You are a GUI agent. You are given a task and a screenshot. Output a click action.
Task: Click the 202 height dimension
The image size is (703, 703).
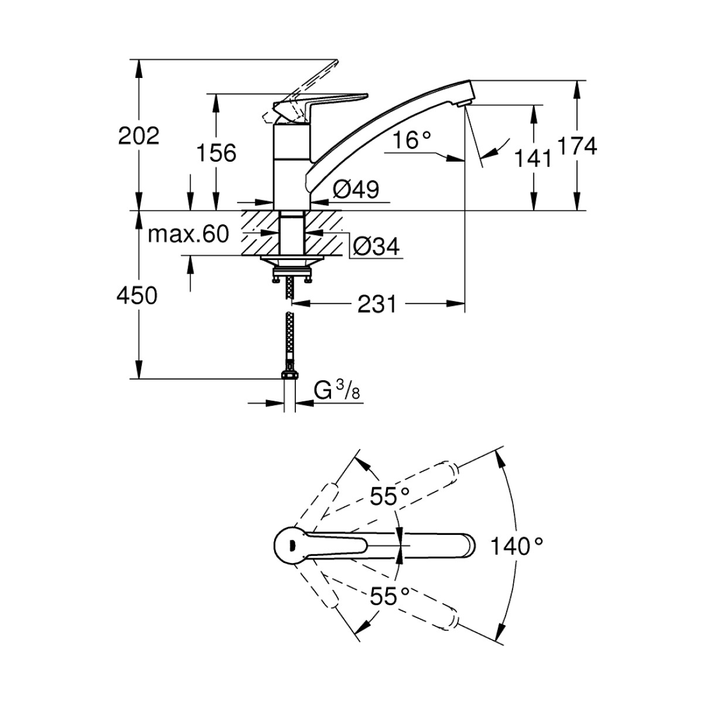139,136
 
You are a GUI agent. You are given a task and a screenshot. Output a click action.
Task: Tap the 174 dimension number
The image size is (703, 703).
577,146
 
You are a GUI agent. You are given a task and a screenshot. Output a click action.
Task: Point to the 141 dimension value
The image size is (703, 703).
533,157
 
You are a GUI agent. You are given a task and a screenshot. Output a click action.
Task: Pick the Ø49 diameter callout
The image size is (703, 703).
356,189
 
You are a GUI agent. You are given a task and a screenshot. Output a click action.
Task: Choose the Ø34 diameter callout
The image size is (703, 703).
376,246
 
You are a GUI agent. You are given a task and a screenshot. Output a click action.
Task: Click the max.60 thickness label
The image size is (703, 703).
187,234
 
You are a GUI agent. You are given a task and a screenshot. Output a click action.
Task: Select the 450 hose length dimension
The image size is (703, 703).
138,295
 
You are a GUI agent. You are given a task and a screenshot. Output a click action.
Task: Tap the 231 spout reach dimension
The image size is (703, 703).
378,304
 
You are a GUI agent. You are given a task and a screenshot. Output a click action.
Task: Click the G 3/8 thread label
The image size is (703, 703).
337,391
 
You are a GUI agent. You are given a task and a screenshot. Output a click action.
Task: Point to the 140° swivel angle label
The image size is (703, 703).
516,546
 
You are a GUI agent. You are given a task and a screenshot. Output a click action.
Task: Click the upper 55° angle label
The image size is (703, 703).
389,497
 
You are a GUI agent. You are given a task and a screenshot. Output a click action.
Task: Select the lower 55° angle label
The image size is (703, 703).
389,596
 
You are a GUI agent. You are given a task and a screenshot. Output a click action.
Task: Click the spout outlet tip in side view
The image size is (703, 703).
463,103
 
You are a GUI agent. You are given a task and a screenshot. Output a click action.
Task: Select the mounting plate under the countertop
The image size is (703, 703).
291,261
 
